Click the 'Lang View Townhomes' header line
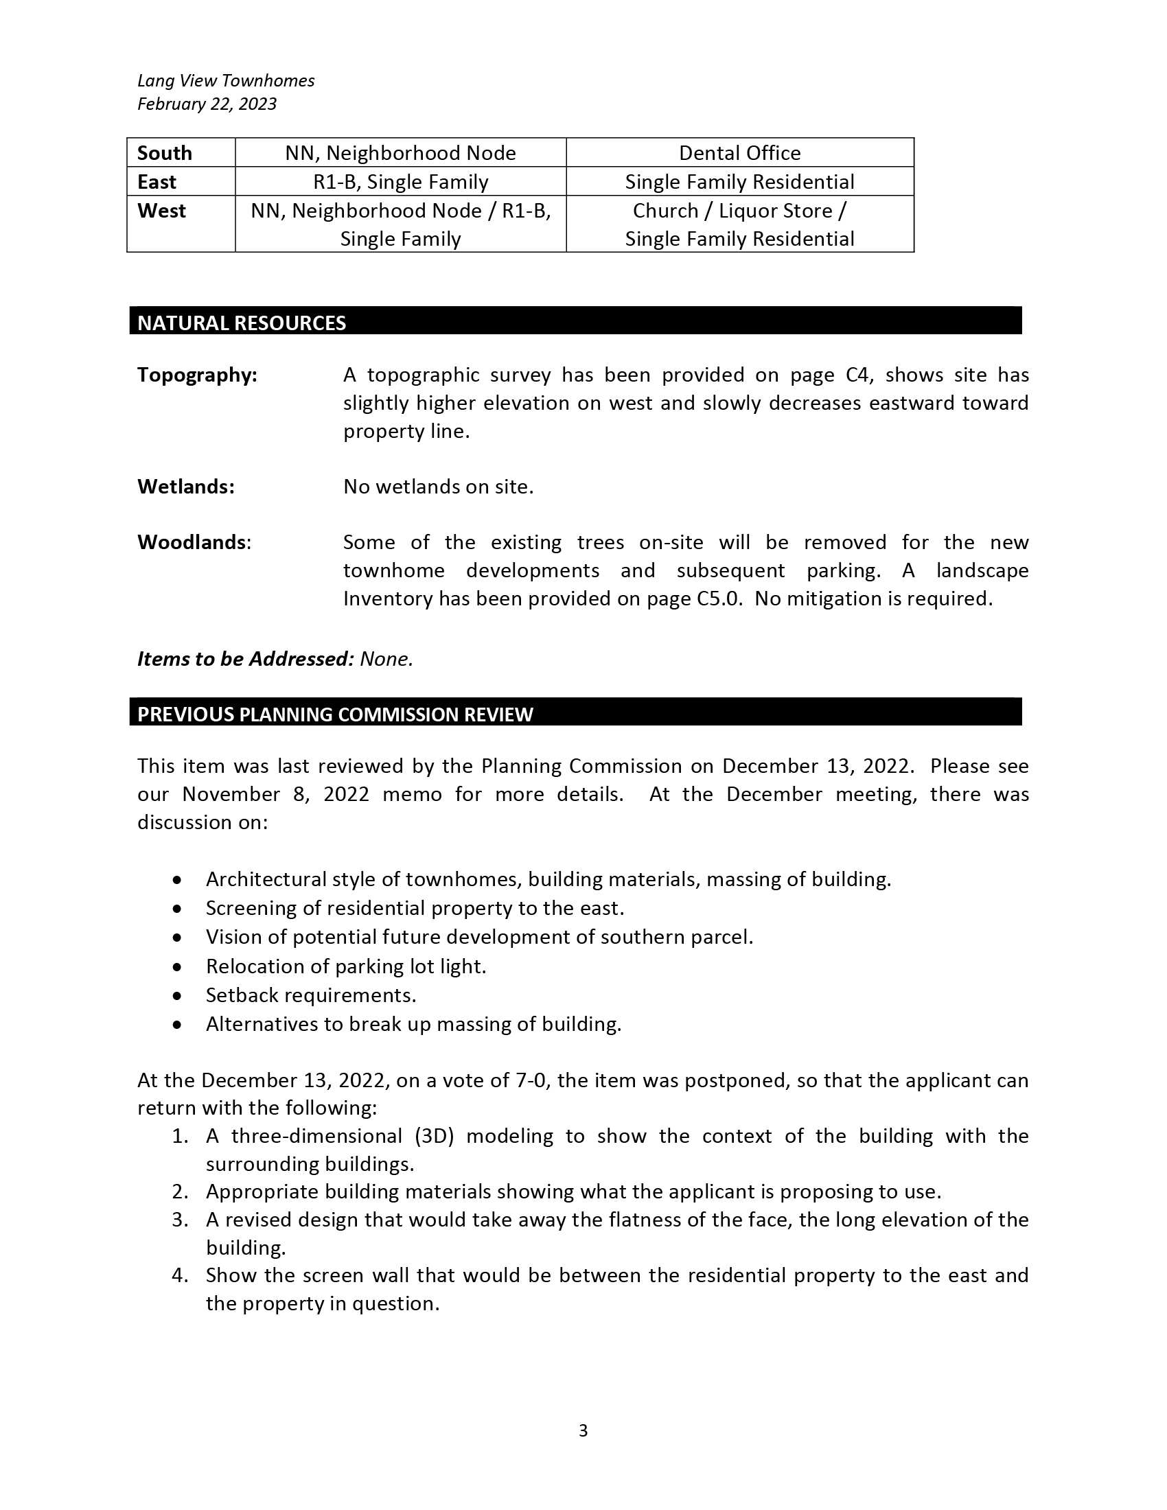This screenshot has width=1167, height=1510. point(225,80)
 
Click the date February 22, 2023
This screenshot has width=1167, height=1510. point(207,104)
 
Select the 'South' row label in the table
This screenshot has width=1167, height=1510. point(165,153)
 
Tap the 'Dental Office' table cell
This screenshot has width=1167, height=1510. point(739,153)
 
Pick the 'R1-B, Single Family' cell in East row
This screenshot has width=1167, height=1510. point(400,182)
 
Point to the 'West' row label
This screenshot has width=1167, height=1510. point(162,210)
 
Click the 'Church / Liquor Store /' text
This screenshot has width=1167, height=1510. point(739,210)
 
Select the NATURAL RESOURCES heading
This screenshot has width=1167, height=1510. point(241,323)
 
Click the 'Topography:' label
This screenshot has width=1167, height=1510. point(197,375)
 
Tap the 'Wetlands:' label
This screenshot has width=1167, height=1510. point(186,487)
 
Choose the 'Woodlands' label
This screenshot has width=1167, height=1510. point(192,542)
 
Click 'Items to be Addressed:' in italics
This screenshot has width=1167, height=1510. point(246,659)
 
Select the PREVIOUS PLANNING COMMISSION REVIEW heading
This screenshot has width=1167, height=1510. point(335,715)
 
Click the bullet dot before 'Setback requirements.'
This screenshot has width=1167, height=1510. point(178,997)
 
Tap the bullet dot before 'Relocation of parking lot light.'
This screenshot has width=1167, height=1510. point(178,967)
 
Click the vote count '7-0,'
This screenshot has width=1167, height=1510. point(533,1080)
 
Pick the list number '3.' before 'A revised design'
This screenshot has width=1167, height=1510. point(180,1220)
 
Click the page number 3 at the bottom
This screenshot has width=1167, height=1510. point(583,1430)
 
